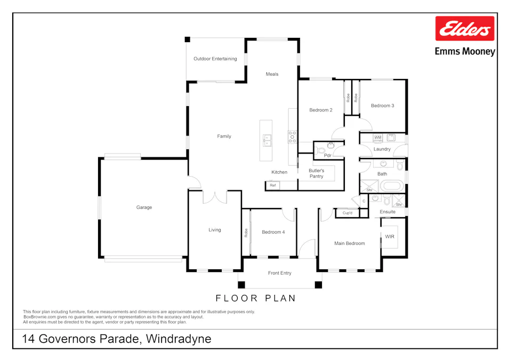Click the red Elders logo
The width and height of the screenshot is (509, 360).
465,29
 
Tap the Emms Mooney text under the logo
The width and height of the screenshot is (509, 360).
465,52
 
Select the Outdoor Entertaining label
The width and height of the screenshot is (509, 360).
215,59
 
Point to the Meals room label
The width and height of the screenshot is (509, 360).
272,74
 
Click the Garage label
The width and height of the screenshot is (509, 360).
144,207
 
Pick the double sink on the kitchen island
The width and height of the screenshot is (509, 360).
266,140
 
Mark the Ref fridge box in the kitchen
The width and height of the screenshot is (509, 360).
273,186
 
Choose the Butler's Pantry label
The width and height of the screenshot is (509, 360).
317,173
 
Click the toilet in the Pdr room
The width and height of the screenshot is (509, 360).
321,151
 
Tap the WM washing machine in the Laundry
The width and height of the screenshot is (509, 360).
377,138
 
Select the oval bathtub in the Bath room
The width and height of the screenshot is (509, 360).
392,187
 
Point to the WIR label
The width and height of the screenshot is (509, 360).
390,236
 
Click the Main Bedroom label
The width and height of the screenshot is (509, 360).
349,243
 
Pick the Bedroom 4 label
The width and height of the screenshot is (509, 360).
273,232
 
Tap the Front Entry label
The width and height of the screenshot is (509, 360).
280,273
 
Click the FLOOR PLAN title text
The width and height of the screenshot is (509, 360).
255,298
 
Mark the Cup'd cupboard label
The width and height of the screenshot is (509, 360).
348,213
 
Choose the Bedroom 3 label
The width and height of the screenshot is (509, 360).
382,106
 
